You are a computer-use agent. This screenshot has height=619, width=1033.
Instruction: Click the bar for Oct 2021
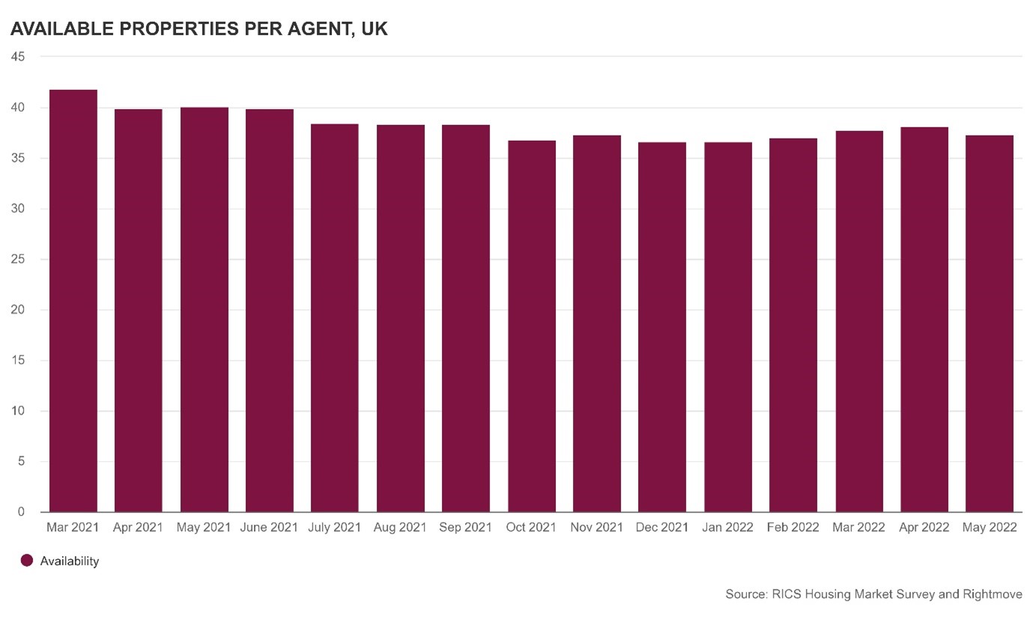click(x=531, y=326)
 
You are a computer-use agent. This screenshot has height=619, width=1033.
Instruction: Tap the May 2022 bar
click(x=989, y=323)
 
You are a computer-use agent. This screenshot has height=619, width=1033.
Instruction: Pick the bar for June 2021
click(x=269, y=311)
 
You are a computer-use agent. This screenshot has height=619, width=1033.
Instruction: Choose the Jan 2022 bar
click(x=727, y=327)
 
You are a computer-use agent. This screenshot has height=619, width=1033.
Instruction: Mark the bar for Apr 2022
click(x=924, y=320)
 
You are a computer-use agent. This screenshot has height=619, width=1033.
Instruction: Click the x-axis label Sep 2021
click(x=465, y=528)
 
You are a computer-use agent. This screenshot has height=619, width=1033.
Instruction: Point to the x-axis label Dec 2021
click(x=661, y=528)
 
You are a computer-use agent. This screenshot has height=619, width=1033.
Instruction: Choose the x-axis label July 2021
click(x=334, y=528)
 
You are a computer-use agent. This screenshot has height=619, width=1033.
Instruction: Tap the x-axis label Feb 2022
click(x=793, y=528)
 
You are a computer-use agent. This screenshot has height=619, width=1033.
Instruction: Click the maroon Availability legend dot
click(x=27, y=561)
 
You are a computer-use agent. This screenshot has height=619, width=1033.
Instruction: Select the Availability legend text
click(x=70, y=561)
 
